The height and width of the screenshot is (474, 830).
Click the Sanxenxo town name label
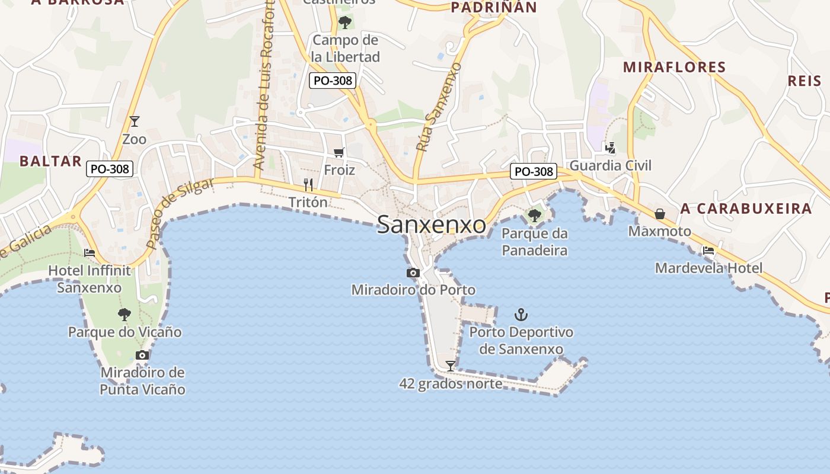pyautogui.click(x=431, y=225)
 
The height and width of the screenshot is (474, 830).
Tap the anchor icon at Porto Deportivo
pyautogui.click(x=521, y=315)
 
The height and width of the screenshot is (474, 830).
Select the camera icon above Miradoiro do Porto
pyautogui.click(x=413, y=273)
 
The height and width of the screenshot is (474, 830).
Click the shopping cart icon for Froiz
pyautogui.click(x=339, y=153)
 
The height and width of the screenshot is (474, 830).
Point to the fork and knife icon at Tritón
pyautogui.click(x=308, y=185)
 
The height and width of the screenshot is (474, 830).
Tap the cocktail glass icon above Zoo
pyautogui.click(x=135, y=121)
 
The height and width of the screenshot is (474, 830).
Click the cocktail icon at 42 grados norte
pyautogui.click(x=451, y=366)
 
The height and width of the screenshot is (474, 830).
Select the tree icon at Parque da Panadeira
pyautogui.click(x=535, y=215)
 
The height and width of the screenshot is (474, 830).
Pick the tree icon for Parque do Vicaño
pyautogui.click(x=124, y=315)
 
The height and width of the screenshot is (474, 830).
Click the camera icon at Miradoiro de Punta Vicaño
pyautogui.click(x=142, y=355)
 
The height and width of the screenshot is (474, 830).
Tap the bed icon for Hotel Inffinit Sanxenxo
pyautogui.click(x=90, y=252)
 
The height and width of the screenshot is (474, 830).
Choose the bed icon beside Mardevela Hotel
pyautogui.click(x=708, y=251)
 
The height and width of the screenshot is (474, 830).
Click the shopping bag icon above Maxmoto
pyautogui.click(x=660, y=213)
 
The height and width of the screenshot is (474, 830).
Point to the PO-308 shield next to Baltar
pyautogui.click(x=110, y=169)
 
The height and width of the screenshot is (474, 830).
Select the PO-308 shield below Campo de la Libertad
pyautogui.click(x=332, y=81)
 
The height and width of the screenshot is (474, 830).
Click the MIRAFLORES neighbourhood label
pyautogui.click(x=675, y=68)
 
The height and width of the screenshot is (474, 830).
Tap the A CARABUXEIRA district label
pyautogui.click(x=746, y=209)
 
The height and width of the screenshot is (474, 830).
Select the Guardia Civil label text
pyautogui.click(x=611, y=165)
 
